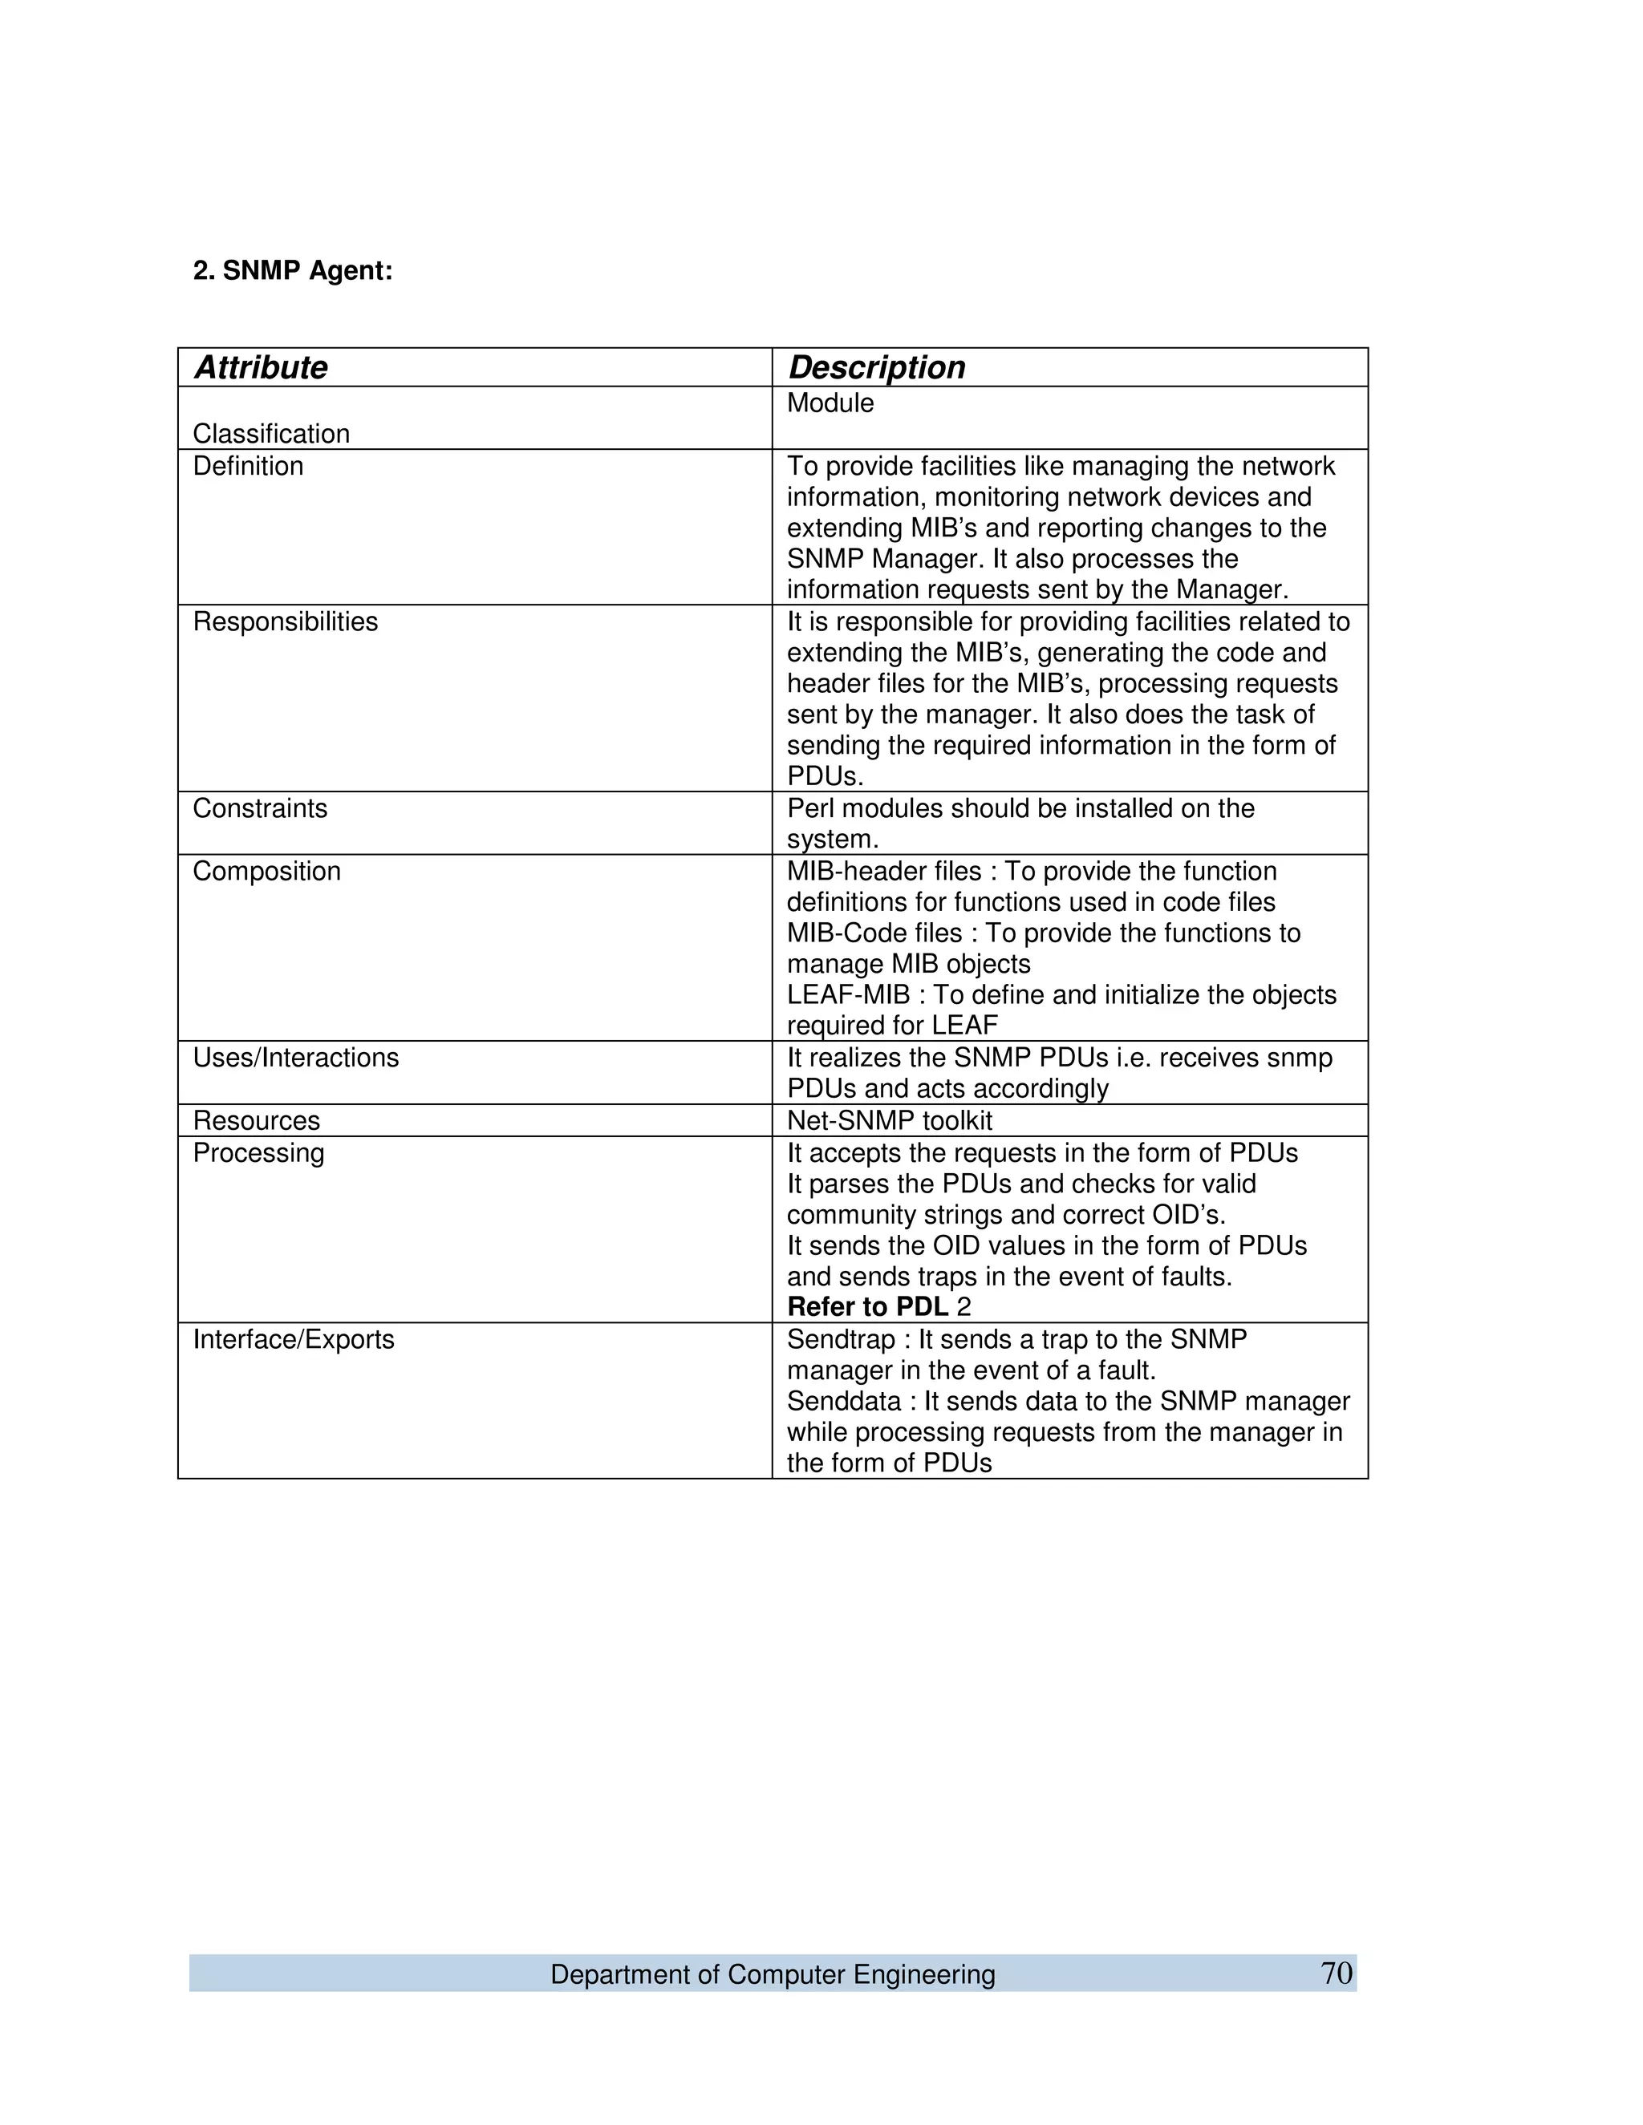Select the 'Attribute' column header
(x=261, y=368)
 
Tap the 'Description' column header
(x=876, y=368)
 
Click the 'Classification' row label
(x=270, y=434)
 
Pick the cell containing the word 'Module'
(x=830, y=404)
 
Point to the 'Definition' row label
(x=248, y=466)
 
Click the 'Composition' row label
(x=266, y=871)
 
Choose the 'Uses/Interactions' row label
(x=296, y=1058)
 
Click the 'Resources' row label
(x=256, y=1121)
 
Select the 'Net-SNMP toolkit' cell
(x=890, y=1121)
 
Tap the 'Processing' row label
(x=258, y=1153)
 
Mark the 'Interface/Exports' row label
(x=293, y=1340)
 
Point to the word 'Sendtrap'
(x=840, y=1340)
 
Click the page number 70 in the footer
(x=1336, y=1973)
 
